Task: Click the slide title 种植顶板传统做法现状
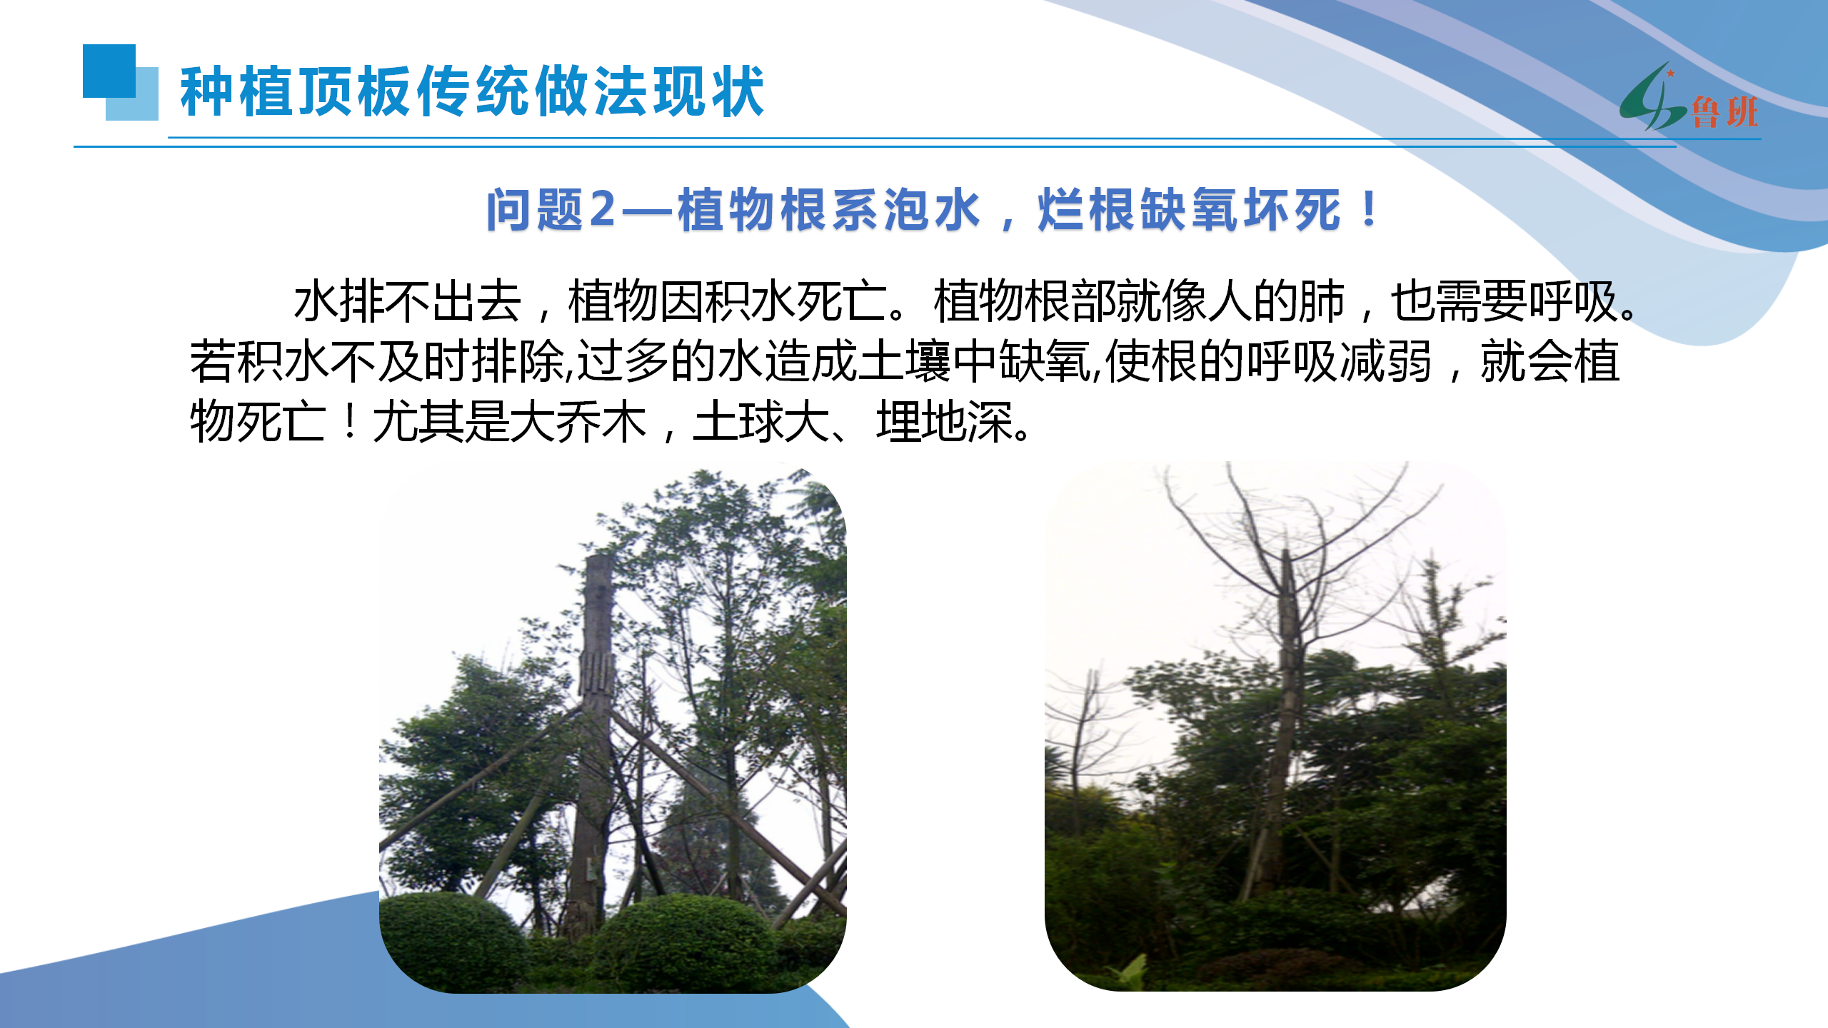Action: click(x=472, y=91)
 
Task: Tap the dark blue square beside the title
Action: click(x=109, y=71)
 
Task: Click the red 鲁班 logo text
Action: click(x=1724, y=113)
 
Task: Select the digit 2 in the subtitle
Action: click(x=603, y=210)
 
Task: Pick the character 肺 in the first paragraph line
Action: click(x=1322, y=301)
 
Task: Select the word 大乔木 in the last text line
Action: click(x=579, y=421)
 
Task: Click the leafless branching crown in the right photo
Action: click(x=1285, y=543)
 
